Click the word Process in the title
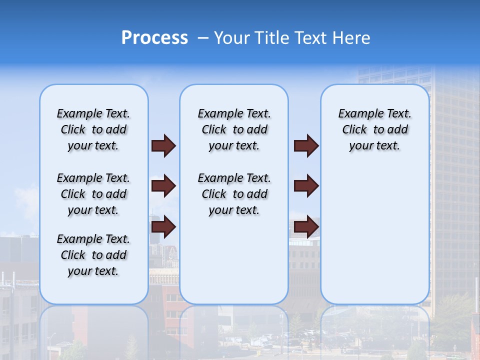154,38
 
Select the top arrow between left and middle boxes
163,146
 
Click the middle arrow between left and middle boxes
163,186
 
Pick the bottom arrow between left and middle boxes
163,227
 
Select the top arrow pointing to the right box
306,146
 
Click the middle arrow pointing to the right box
306,186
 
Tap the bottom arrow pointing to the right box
306,227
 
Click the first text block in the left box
93,129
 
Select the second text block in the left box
93,194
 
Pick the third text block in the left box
93,255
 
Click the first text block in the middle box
234,129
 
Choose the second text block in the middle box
234,194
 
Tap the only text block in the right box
374,129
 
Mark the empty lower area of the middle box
234,260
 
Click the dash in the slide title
203,38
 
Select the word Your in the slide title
232,38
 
